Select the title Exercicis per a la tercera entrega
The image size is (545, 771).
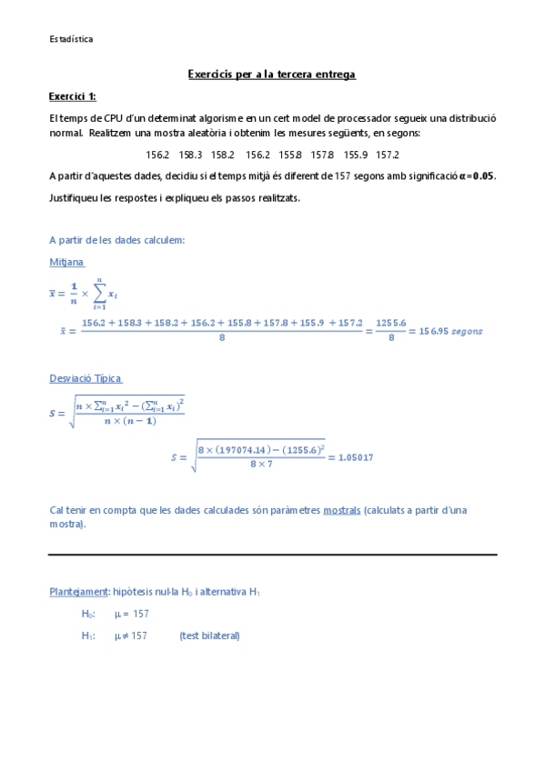(271, 74)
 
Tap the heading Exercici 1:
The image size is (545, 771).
(72, 96)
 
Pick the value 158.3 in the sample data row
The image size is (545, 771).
(190, 155)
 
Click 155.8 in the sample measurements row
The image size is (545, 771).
(290, 155)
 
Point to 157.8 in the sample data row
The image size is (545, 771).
(322, 155)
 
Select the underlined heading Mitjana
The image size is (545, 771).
(66, 262)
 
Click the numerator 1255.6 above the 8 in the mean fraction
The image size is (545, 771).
(389, 324)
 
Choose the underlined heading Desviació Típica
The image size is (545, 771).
(86, 378)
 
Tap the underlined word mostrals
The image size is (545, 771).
(341, 510)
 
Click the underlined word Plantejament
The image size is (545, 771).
(78, 592)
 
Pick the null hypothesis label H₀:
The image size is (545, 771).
(88, 615)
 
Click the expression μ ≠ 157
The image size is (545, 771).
(131, 636)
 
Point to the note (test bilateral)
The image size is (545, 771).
(209, 636)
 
